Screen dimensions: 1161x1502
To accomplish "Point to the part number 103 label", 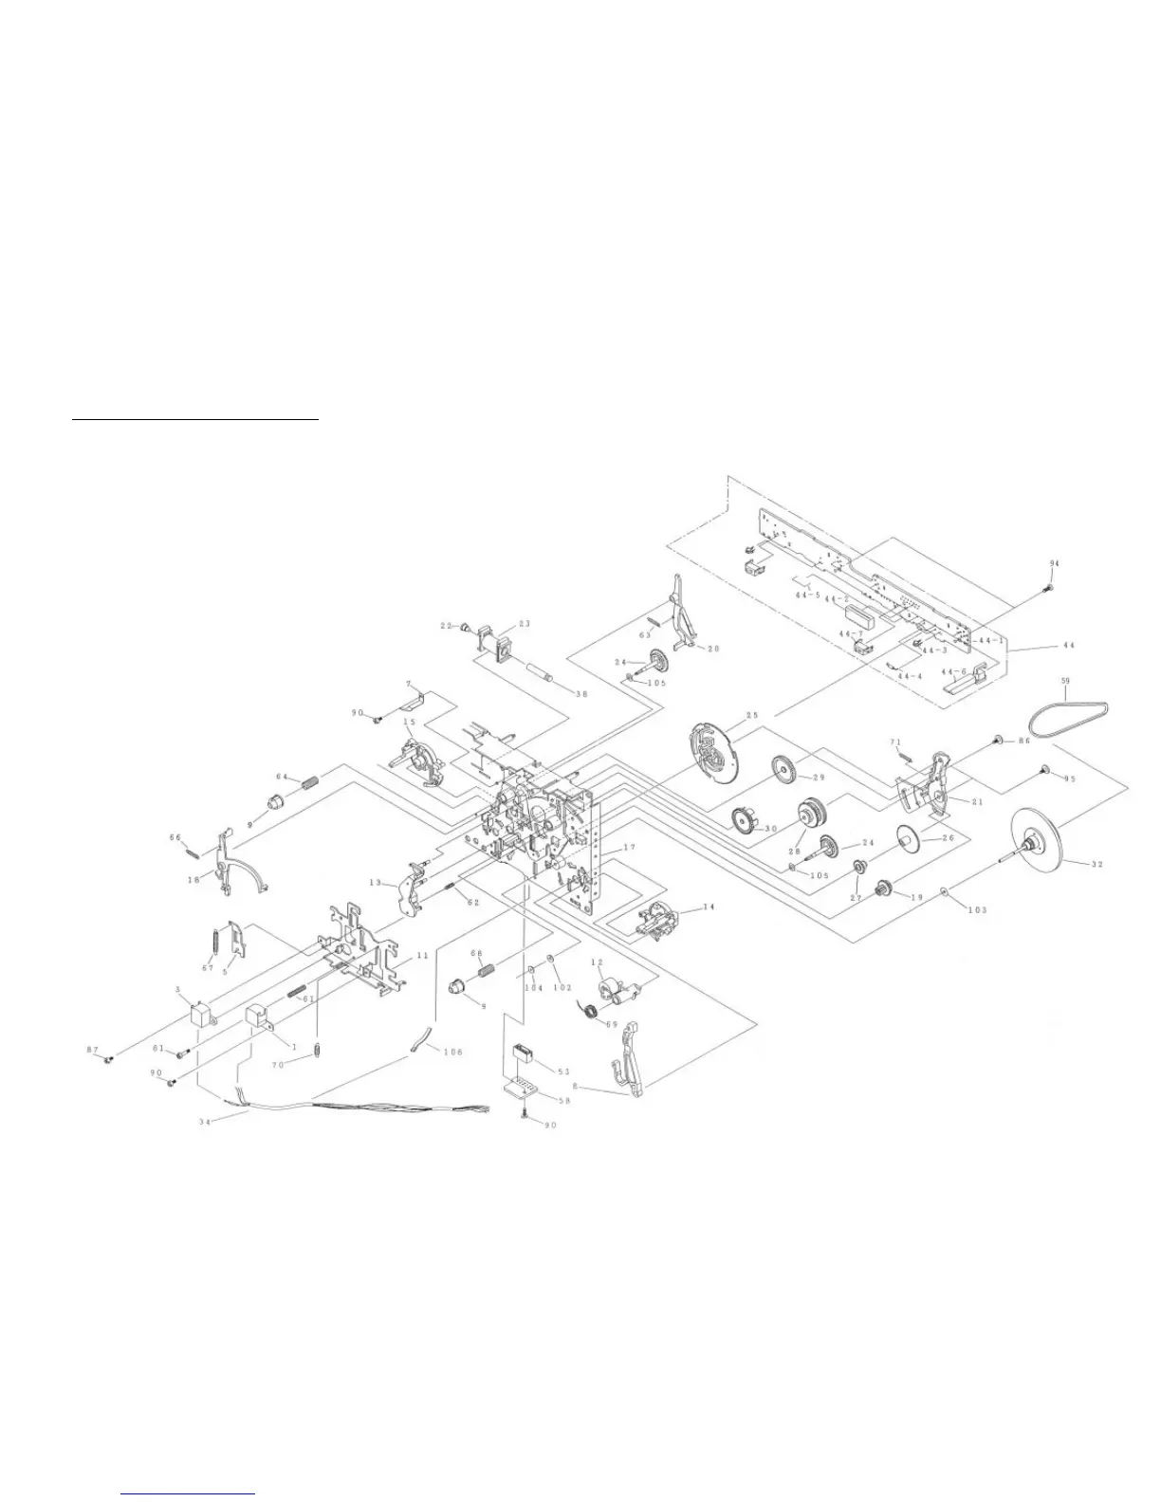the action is tap(976, 909).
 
